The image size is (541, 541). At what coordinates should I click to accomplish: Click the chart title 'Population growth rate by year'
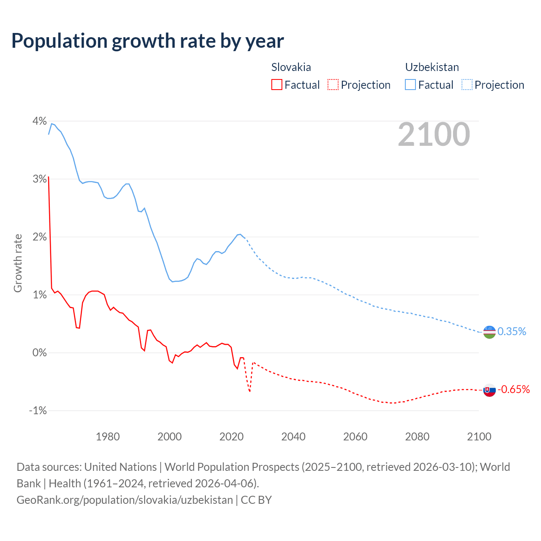point(148,41)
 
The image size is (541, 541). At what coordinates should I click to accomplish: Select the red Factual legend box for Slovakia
point(277,85)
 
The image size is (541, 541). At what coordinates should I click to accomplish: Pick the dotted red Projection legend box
point(333,85)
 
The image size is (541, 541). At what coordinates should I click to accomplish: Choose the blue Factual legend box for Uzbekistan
point(410,85)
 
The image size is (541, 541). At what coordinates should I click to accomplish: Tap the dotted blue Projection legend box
point(467,85)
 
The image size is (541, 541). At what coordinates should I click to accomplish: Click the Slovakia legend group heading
point(291,67)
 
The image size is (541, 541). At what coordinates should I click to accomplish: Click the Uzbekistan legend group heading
point(432,67)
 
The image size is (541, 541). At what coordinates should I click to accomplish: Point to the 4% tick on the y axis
point(40,121)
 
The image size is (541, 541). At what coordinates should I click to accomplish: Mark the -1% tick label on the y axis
point(38,410)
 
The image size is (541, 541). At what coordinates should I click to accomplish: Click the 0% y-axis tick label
point(40,352)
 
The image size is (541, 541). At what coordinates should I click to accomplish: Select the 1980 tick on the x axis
point(108,437)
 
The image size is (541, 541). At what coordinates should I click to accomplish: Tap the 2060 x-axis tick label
point(355,437)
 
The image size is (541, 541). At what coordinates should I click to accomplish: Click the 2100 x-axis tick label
point(479,437)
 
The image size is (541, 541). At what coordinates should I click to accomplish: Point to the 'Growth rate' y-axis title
point(18,263)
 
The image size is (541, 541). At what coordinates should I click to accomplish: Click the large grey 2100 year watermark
point(434,134)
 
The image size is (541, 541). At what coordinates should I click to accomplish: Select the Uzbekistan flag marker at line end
point(489,332)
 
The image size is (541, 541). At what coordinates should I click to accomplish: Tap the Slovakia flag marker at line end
point(489,390)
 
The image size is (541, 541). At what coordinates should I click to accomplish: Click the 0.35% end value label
point(512,331)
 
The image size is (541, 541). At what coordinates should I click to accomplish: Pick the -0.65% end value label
point(514,389)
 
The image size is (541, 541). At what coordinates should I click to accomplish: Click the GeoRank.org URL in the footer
point(125,500)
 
